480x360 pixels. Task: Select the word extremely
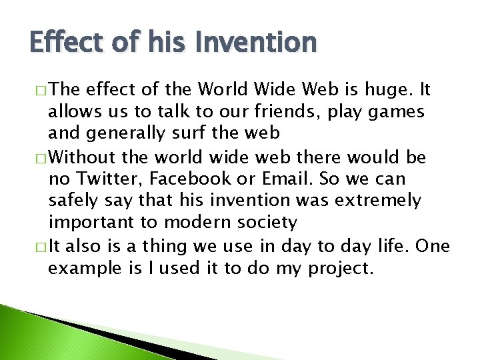380,199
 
